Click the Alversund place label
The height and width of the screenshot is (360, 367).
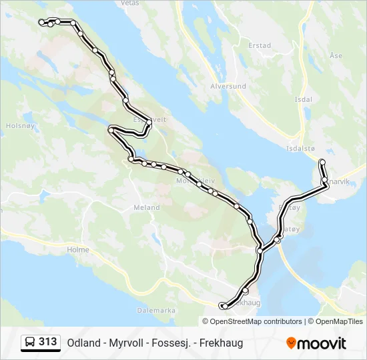[x=228, y=87]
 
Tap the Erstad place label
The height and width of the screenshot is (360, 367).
[x=259, y=46]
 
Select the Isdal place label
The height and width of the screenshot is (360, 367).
[x=303, y=99]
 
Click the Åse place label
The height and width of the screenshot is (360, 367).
[x=336, y=56]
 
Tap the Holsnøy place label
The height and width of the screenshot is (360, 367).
[x=15, y=125]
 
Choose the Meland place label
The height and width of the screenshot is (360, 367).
[x=146, y=208]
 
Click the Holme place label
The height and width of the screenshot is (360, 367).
[x=78, y=250]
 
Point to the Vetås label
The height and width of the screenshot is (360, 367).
[x=129, y=3]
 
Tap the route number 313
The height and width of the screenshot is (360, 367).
[x=48, y=342]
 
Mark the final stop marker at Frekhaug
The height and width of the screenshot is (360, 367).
[x=223, y=305]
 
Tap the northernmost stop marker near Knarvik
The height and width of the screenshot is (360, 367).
[x=322, y=162]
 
